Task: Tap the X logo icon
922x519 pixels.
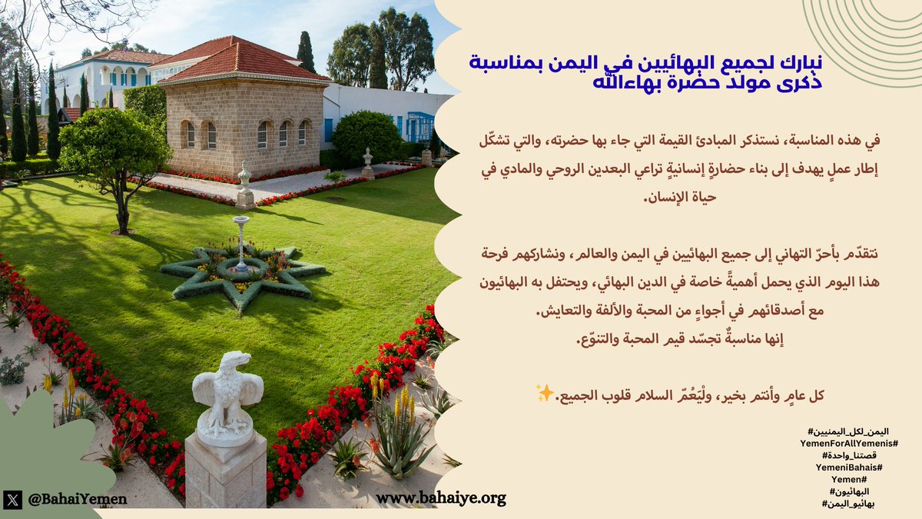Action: (x=12, y=499)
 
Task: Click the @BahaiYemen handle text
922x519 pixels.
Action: (x=77, y=499)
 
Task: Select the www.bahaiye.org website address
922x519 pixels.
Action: (x=441, y=498)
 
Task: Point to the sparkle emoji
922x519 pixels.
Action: (x=545, y=394)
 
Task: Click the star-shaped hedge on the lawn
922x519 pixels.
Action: (x=241, y=273)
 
